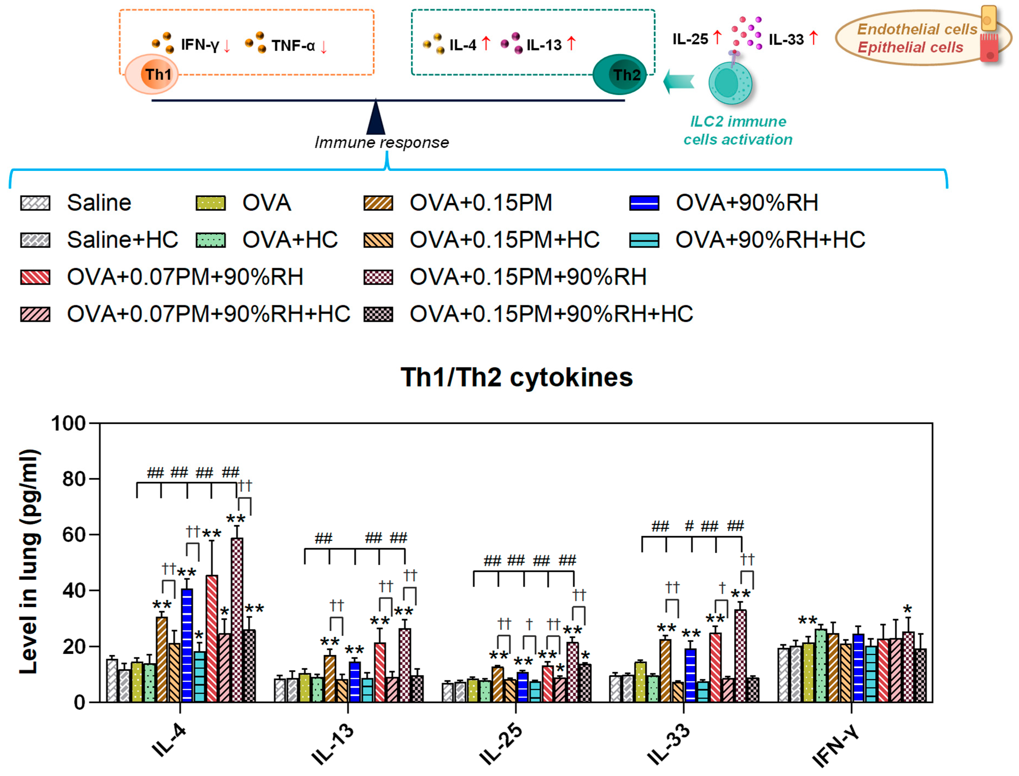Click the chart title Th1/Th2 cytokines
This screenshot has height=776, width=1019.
(x=516, y=377)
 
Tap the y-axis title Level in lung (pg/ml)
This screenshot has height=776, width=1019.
(x=29, y=561)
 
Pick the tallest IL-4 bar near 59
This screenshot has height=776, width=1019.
(x=237, y=619)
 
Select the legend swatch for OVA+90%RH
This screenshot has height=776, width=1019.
(x=644, y=203)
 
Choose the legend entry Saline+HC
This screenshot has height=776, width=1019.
(x=122, y=240)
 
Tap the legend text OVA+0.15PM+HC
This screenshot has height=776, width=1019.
(x=504, y=240)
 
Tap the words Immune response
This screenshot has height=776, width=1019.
(x=381, y=142)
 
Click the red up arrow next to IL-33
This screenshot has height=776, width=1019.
(x=813, y=38)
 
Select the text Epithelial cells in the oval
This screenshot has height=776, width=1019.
(x=910, y=47)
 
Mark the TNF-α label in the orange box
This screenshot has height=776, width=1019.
(x=293, y=46)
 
